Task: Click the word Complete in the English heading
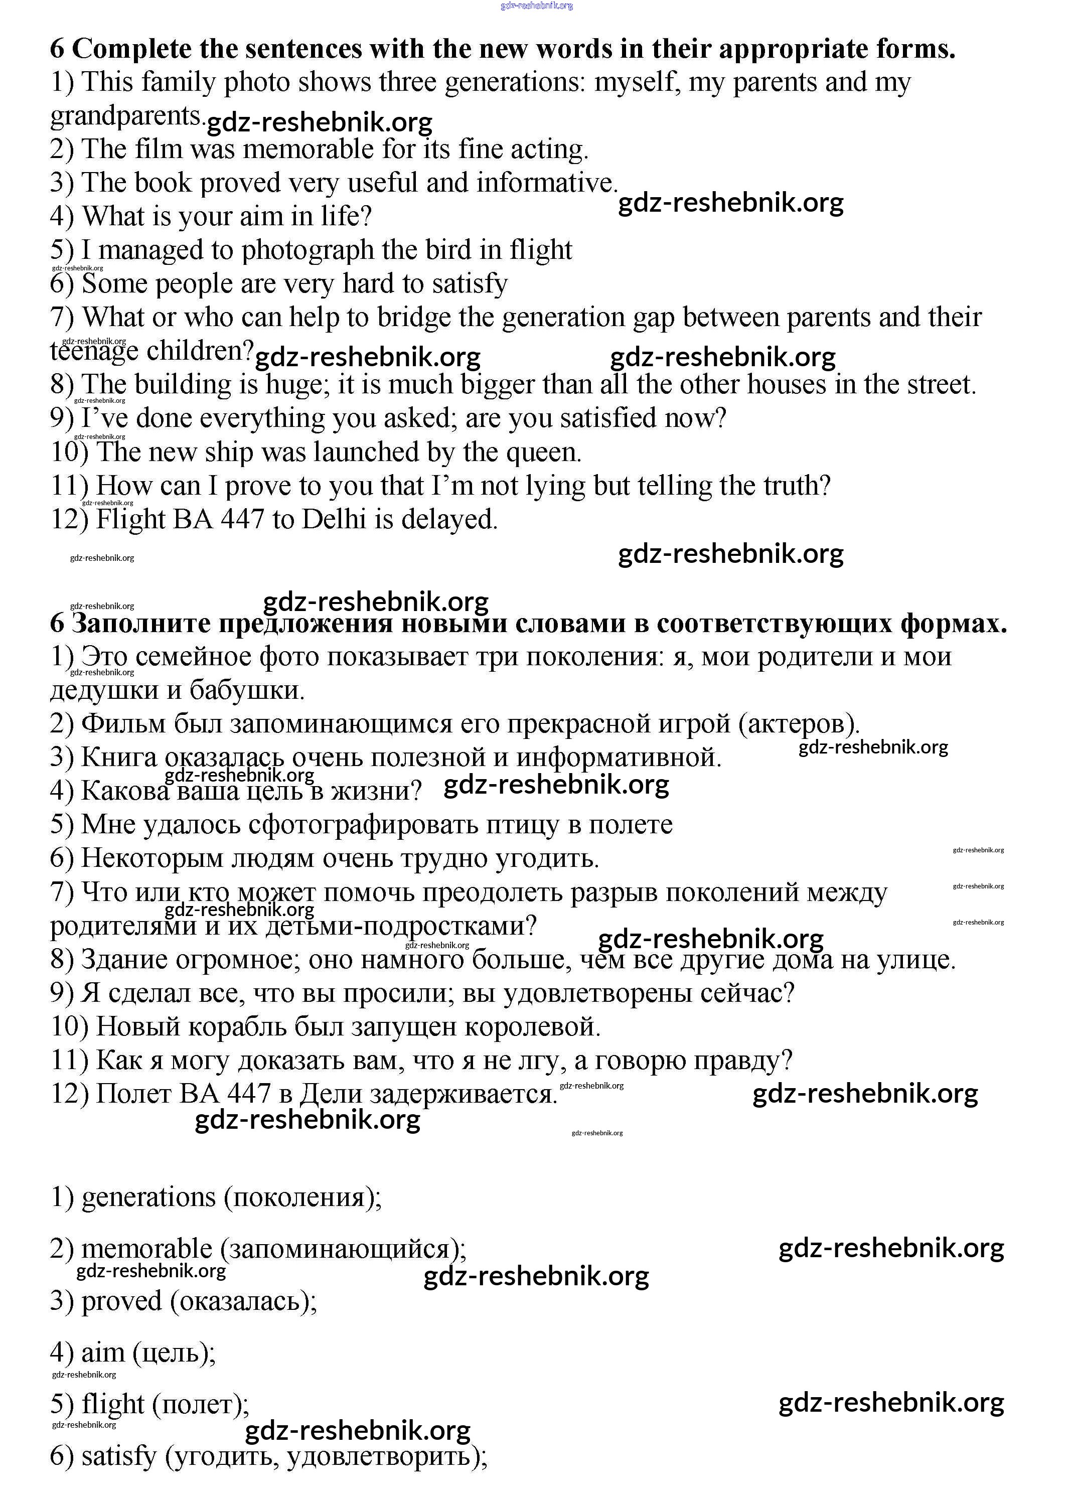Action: point(129,50)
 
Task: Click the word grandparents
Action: point(125,116)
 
